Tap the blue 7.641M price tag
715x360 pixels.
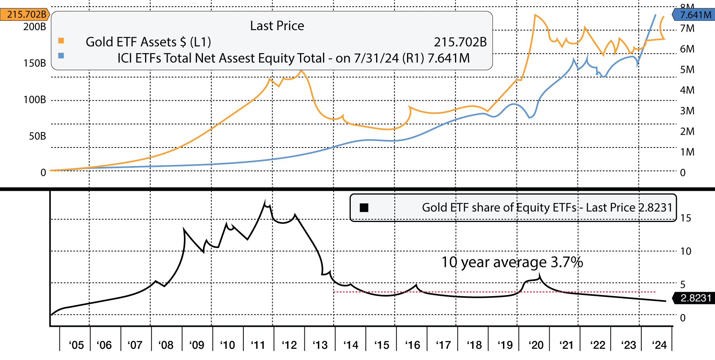tap(694, 15)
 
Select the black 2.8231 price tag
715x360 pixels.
tap(694, 298)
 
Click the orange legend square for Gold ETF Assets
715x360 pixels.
tap(61, 40)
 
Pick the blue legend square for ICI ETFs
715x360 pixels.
tap(61, 56)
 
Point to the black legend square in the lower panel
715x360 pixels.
tap(364, 208)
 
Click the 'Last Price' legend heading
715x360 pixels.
tap(277, 26)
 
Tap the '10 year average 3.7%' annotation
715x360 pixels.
tap(512, 262)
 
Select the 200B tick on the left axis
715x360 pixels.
tap(35, 27)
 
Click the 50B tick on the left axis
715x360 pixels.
tap(37, 136)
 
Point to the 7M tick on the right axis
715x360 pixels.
tap(687, 29)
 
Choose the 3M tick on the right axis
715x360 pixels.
tap(687, 111)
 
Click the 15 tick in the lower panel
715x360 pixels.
tap(686, 218)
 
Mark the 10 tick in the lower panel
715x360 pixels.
tap(686, 251)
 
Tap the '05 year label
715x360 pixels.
tap(76, 345)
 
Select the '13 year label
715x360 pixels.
tap(320, 345)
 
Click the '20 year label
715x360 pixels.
tap(536, 345)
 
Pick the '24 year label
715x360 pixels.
tap(660, 345)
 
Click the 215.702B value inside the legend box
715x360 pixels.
tap(460, 42)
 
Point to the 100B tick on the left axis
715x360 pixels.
tap(35, 100)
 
